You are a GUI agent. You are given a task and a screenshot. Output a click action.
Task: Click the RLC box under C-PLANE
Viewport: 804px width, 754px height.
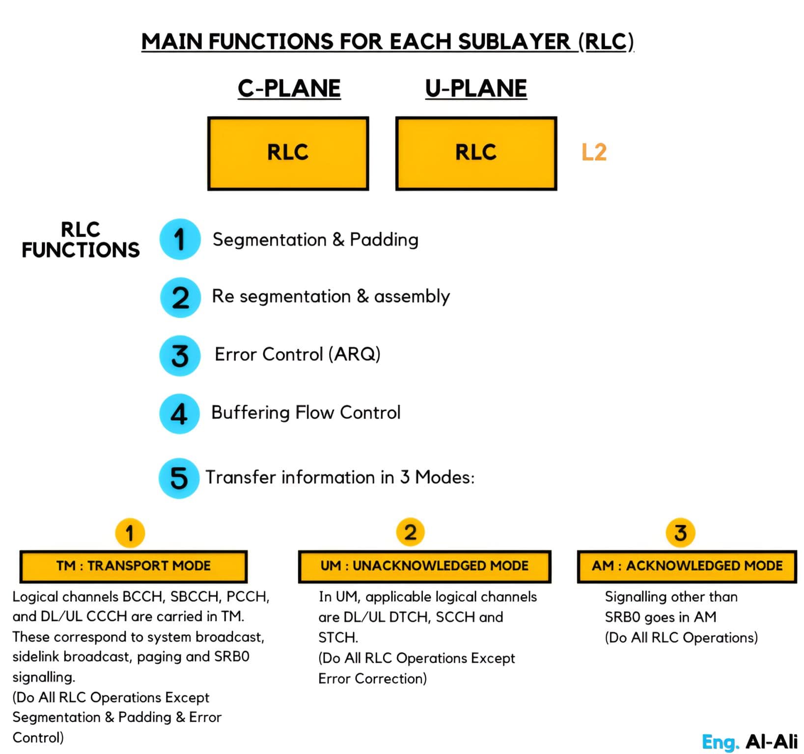[x=288, y=153]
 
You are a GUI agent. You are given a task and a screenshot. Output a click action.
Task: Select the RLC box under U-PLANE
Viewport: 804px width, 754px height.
[x=476, y=153]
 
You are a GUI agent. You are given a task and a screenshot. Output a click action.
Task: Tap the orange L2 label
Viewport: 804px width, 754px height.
[x=594, y=152]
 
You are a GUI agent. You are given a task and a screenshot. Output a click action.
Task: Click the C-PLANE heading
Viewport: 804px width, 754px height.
[x=289, y=89]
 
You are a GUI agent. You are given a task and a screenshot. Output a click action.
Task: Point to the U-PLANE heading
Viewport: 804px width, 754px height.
[x=476, y=89]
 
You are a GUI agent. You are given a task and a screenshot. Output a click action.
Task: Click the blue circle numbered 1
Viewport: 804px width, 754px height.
[x=180, y=239]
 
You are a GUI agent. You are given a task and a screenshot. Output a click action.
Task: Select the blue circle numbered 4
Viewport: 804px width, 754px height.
[x=179, y=414]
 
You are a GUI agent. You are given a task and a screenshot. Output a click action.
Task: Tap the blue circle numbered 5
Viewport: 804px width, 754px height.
[x=179, y=478]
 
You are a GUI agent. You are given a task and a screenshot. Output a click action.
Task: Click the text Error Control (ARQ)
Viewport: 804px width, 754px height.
[x=297, y=354]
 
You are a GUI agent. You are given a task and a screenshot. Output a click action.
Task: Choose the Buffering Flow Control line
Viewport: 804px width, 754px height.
[x=305, y=413]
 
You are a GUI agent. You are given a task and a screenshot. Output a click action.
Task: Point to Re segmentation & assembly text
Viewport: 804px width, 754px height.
[x=331, y=296]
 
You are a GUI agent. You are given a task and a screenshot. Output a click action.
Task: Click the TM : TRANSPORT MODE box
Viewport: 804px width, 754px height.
[x=133, y=566]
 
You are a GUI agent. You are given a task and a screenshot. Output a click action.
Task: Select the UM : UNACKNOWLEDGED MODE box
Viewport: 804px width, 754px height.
[x=424, y=566]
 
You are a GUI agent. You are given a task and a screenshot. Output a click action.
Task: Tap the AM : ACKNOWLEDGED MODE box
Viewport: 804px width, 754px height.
[x=687, y=566]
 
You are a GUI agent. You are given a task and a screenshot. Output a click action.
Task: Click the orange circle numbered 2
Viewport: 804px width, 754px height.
[x=410, y=533]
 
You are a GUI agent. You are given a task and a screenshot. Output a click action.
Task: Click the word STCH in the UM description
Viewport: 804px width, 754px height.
[x=337, y=638]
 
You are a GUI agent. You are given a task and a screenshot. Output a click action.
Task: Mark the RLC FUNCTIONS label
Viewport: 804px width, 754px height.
[x=81, y=240]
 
